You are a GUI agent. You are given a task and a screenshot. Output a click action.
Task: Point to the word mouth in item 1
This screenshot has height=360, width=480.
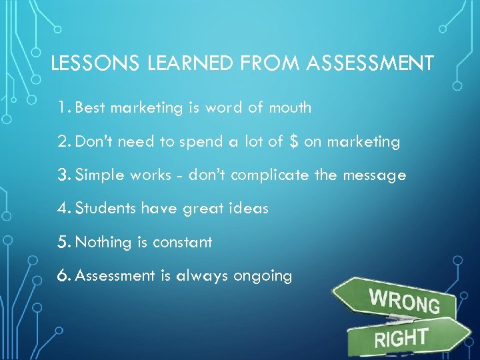pyautogui.click(x=289, y=107)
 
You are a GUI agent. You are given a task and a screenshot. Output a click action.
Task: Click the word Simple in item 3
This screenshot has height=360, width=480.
pyautogui.click(x=99, y=175)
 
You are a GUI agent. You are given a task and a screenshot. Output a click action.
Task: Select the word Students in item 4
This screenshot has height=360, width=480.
pyautogui.click(x=107, y=209)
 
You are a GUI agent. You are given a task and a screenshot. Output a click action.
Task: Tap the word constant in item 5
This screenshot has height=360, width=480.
pyautogui.click(x=182, y=242)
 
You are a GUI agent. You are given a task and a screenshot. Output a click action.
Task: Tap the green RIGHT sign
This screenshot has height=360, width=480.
pyautogui.click(x=407, y=337)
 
